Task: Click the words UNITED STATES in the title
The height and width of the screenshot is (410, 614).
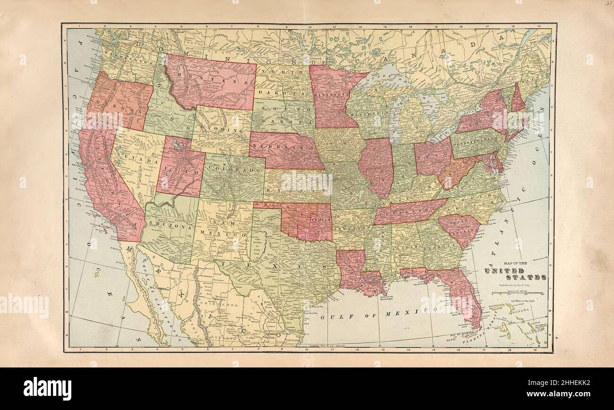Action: (515, 274)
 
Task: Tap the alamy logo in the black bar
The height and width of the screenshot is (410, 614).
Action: (47, 389)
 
